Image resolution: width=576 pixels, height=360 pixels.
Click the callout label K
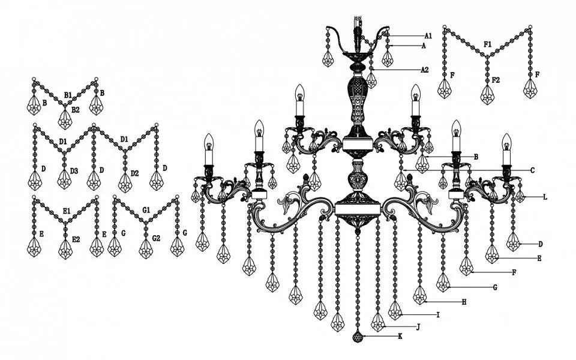(x=400, y=336)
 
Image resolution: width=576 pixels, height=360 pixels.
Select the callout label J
(x=418, y=326)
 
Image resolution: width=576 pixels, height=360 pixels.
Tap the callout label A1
(x=428, y=36)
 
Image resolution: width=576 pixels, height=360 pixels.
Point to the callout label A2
(x=425, y=70)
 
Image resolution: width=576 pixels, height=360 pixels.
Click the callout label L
(x=545, y=197)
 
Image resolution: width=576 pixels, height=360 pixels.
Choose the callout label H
(x=464, y=302)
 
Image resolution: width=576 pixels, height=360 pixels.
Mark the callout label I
(x=438, y=315)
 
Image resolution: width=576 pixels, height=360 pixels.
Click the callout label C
(x=532, y=170)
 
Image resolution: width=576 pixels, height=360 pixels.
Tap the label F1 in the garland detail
(x=487, y=44)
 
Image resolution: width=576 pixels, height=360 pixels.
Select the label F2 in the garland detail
(x=496, y=79)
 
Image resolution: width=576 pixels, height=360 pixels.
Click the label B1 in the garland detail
(x=68, y=95)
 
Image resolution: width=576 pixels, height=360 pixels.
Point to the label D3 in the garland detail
(x=74, y=171)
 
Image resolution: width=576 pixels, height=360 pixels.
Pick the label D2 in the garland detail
(x=134, y=173)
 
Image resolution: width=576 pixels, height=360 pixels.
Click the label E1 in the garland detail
(x=67, y=211)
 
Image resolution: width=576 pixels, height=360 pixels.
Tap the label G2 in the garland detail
(x=156, y=238)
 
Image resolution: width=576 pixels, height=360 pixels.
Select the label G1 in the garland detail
(x=146, y=210)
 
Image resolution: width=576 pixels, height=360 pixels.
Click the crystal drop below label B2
(x=65, y=119)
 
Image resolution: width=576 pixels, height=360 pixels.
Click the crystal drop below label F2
(x=487, y=94)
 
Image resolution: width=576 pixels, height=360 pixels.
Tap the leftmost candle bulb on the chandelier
(x=209, y=142)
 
